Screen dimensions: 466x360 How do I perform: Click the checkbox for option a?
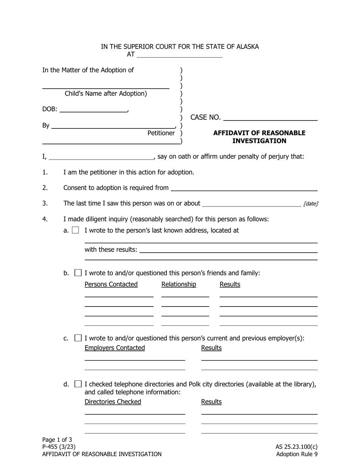[x=75, y=230]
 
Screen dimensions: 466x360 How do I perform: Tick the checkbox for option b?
[x=78, y=273]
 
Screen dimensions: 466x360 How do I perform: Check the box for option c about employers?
[x=78, y=338]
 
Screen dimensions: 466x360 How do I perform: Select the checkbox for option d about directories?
[x=78, y=384]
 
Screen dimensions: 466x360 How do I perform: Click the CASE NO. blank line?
[x=270, y=117]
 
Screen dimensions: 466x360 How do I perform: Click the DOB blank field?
[x=93, y=109]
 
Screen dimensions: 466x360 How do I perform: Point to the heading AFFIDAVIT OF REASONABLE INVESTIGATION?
[x=259, y=137]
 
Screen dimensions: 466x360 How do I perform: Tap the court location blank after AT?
[x=179, y=55]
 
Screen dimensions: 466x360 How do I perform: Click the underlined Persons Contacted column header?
[x=111, y=285]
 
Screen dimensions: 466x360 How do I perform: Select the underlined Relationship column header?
[x=179, y=285]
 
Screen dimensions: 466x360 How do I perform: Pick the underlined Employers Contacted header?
[x=114, y=348]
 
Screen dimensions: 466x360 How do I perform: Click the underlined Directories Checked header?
[x=113, y=402]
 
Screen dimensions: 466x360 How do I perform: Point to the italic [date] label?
[x=310, y=204]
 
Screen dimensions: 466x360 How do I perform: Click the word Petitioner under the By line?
[x=161, y=133]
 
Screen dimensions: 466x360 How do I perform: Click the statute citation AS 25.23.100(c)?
[x=296, y=447]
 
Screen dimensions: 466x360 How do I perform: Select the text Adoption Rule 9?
[x=297, y=454]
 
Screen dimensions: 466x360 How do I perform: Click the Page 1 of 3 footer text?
[x=57, y=439]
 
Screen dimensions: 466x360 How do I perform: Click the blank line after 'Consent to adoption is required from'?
[x=244, y=188]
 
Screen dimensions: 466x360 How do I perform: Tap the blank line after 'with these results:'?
[x=228, y=250]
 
